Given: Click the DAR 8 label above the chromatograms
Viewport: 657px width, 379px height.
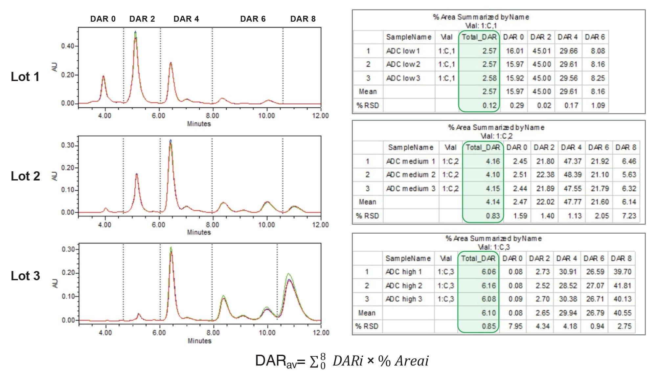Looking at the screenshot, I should (303, 19).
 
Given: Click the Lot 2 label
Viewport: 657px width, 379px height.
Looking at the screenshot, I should (25, 176).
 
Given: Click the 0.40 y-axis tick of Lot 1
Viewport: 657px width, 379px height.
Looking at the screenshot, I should (68, 46).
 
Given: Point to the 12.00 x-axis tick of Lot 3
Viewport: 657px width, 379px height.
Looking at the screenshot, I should (321, 333).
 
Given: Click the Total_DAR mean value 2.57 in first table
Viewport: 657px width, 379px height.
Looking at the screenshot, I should (489, 92).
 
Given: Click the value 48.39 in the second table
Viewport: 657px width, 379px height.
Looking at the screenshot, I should (572, 175).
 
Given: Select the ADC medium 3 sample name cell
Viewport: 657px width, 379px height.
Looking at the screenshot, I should (410, 189).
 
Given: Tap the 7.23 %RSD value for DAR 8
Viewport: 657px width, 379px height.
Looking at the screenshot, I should (629, 216).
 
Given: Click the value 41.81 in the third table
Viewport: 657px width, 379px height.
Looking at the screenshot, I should (622, 286).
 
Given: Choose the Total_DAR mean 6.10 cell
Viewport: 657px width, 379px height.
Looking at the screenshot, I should (488, 313).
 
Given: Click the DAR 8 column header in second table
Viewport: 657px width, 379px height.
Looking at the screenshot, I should (625, 148).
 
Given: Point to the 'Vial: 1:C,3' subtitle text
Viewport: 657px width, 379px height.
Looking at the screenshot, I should (493, 247).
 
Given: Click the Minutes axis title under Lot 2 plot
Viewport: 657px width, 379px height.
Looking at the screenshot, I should (199, 232).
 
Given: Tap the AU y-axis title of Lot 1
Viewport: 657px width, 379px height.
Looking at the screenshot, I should (55, 67).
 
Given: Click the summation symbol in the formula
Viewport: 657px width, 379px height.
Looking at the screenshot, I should (314, 362).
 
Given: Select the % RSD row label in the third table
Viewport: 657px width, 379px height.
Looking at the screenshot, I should (367, 326).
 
